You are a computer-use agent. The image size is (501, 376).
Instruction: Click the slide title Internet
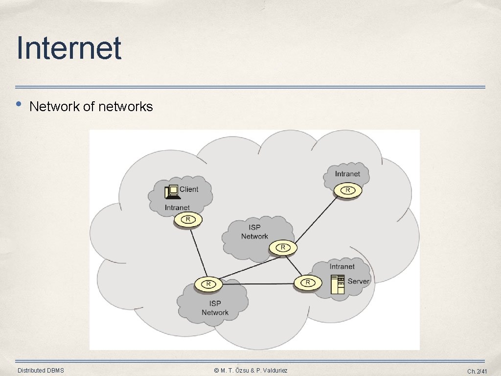(68, 48)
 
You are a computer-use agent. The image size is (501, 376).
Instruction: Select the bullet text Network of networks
(91, 107)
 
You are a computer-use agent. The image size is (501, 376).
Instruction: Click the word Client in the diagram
(189, 189)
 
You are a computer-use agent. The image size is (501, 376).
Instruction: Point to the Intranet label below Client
(177, 208)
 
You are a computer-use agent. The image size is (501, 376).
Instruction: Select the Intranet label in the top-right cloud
(347, 174)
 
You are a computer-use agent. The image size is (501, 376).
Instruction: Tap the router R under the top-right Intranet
(348, 190)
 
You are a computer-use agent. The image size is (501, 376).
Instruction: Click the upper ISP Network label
(254, 232)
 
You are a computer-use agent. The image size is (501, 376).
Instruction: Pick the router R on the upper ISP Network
(283, 248)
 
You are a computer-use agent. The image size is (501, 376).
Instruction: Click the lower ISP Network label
(215, 308)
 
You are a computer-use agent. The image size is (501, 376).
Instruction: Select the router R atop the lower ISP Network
(208, 283)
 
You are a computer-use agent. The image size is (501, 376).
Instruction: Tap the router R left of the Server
(308, 282)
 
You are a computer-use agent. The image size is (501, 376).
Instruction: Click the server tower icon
(338, 284)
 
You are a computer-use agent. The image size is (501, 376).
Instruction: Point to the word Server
(358, 282)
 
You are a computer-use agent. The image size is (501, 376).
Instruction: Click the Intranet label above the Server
(342, 266)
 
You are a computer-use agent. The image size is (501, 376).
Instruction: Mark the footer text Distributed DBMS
(41, 371)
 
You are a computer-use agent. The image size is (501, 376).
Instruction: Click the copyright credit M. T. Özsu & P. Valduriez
(250, 371)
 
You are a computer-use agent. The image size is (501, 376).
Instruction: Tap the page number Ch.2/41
(477, 372)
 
